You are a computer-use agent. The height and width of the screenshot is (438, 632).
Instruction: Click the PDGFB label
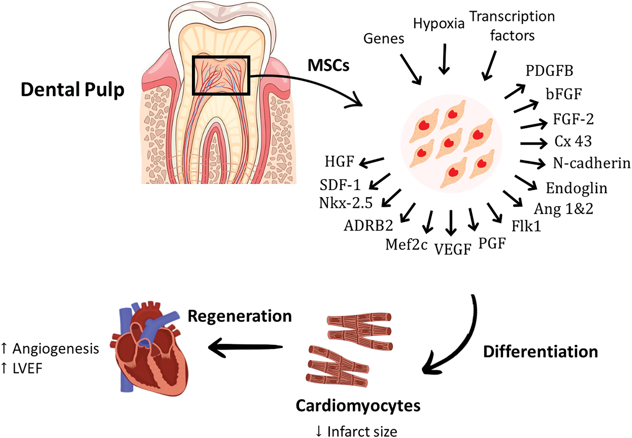click(549, 71)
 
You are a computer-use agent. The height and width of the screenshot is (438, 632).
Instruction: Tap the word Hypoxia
click(439, 24)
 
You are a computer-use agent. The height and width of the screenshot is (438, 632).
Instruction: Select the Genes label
click(384, 39)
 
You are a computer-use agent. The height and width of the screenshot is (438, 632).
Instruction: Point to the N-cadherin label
click(592, 163)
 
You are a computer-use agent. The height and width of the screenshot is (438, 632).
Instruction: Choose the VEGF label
click(453, 249)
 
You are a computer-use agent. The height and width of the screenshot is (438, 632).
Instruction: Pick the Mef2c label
click(406, 244)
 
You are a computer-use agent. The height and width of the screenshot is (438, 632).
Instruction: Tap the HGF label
click(339, 161)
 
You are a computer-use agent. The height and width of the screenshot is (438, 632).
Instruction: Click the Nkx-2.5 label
click(346, 203)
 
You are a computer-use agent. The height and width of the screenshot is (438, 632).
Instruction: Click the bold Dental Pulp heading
click(72, 90)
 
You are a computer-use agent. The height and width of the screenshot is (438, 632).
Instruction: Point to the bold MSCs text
click(328, 65)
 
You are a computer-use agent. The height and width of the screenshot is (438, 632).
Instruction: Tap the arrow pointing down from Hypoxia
click(444, 59)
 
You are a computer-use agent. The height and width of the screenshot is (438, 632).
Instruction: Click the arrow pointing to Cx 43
click(533, 143)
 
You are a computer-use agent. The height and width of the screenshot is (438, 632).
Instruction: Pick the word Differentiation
click(540, 352)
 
